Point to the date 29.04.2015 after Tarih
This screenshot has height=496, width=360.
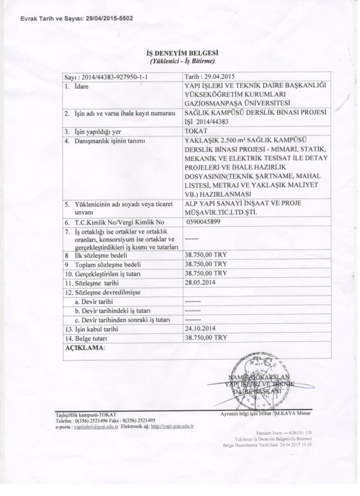pos(217,77)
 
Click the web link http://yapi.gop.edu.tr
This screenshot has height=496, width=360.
pos(172,427)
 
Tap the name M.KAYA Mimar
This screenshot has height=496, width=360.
pos(293,415)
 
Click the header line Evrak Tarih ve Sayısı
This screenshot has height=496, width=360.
pos(71,18)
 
